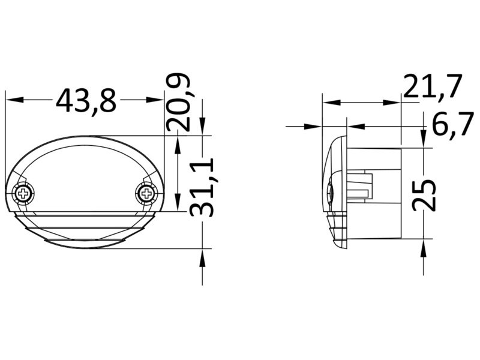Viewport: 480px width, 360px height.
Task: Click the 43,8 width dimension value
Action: click(x=86, y=101)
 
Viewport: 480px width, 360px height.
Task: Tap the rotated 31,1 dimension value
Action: click(x=201, y=187)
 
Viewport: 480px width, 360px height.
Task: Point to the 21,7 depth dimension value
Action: click(x=432, y=86)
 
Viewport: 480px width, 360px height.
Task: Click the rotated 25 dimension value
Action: click(x=424, y=196)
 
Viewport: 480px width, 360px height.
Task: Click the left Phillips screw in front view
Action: click(x=23, y=193)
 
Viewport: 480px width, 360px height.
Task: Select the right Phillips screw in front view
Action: click(x=146, y=193)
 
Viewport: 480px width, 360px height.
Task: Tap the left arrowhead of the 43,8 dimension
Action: click(x=14, y=100)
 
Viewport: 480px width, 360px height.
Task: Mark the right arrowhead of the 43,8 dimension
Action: click(x=155, y=100)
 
